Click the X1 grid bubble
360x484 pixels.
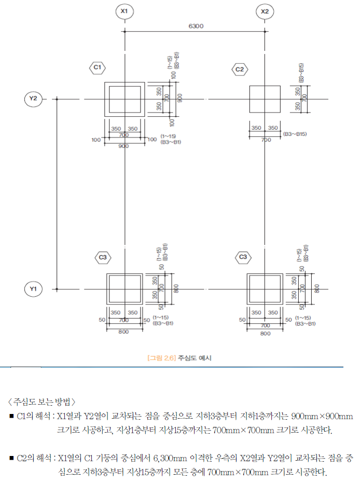(124, 11)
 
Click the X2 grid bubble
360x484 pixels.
(265, 12)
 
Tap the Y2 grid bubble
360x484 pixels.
(33, 99)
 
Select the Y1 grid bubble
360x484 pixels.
(33, 289)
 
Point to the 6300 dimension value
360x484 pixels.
(196, 26)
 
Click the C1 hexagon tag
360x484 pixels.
(98, 67)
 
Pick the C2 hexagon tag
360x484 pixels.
(240, 70)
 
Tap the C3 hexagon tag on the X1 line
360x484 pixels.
(103, 257)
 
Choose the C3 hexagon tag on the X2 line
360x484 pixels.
(243, 257)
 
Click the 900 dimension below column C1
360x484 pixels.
(123, 146)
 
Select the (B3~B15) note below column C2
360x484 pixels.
(295, 134)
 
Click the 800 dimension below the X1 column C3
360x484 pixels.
(123, 332)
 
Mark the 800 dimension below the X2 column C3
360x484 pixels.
(266, 334)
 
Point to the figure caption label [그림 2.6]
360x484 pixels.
(162, 358)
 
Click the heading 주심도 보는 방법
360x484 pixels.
(41, 402)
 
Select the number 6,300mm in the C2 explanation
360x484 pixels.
(170, 458)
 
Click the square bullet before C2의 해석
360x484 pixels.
(11, 458)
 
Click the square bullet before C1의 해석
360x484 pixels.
(11, 416)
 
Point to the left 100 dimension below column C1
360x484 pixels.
(96, 140)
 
